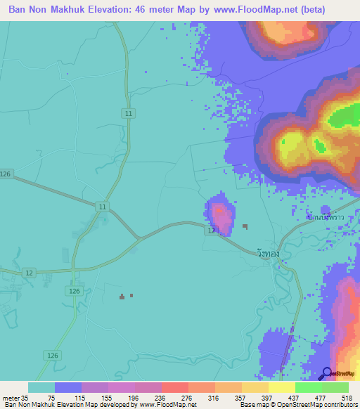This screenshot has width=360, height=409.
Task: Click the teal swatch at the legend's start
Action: tap(41, 387)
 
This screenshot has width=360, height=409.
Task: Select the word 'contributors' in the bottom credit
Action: tap(341, 405)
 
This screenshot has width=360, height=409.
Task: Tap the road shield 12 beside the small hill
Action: tap(210, 231)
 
